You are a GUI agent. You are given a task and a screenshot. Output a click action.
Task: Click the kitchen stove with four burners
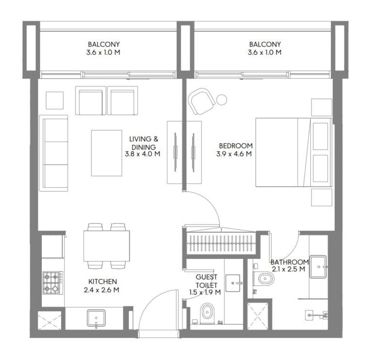click(x=51, y=282)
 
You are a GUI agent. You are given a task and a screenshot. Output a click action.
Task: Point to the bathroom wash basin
click(x=318, y=265)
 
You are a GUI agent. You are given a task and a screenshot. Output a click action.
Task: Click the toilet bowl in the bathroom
click(x=263, y=278)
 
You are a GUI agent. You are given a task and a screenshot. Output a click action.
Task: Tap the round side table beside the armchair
click(x=221, y=100)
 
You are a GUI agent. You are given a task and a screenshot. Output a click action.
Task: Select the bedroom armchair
click(x=201, y=101)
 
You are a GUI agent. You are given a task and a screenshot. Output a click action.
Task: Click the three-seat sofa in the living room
click(x=54, y=153)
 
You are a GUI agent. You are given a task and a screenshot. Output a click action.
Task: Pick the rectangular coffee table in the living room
click(x=106, y=153)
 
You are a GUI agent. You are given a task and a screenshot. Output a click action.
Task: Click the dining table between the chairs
click(x=106, y=246)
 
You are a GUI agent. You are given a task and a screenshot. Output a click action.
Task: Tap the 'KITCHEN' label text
click(x=102, y=281)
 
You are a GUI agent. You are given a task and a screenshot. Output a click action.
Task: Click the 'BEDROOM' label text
click(x=236, y=146)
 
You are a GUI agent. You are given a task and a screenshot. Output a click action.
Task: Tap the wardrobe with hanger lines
click(x=221, y=241)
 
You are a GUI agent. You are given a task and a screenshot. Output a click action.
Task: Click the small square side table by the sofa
click(x=54, y=100)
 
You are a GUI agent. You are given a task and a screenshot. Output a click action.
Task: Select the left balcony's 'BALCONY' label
click(x=104, y=44)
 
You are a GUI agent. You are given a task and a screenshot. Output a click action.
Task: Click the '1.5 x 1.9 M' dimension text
click(x=205, y=292)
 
